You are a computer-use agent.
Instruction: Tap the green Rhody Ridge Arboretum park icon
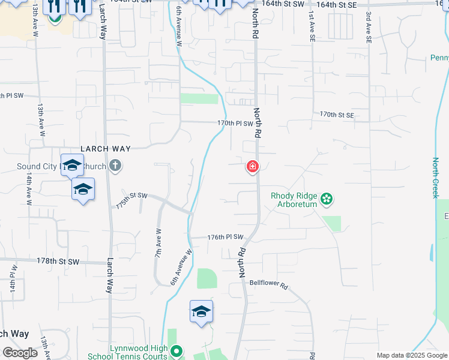click(327, 198)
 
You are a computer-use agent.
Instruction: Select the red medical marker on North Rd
click(253, 166)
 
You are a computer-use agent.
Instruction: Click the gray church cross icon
click(115, 166)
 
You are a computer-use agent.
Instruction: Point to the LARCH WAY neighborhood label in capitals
click(106, 148)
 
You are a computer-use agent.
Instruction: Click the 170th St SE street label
click(337, 114)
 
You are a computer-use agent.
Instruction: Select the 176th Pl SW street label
click(225, 238)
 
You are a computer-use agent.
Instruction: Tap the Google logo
click(20, 353)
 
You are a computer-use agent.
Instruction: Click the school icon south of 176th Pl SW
click(201, 312)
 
